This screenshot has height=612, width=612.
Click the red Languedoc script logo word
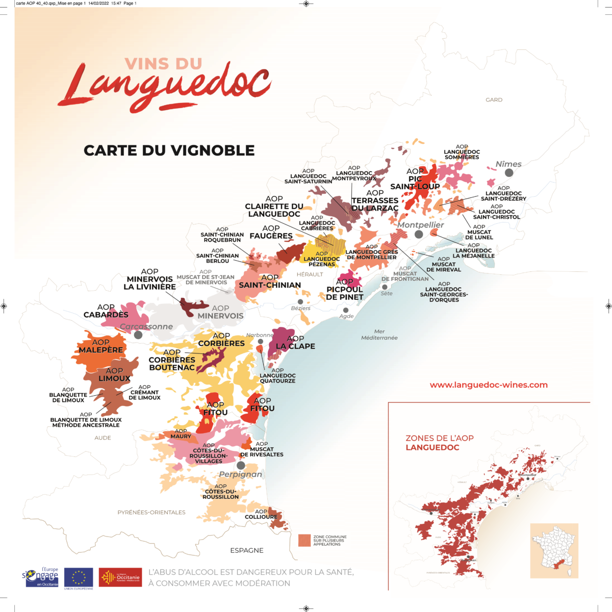click(166, 89)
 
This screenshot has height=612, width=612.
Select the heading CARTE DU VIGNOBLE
click(169, 150)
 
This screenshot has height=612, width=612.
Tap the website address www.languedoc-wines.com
click(488, 385)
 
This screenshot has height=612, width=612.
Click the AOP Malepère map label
click(101, 347)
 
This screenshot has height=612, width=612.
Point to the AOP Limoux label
click(115, 375)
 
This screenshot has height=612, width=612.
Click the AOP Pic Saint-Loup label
click(414, 179)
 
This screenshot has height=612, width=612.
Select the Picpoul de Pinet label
click(345, 290)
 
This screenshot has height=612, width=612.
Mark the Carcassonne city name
click(146, 326)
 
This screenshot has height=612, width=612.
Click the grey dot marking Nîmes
click(508, 173)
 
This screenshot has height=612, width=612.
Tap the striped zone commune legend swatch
click(304, 541)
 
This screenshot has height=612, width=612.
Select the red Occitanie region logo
click(120, 577)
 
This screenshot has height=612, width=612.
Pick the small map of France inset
click(554, 550)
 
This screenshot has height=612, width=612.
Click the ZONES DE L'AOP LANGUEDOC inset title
click(432, 443)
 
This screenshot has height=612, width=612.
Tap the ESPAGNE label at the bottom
click(247, 551)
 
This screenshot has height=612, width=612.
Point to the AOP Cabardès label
click(107, 311)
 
